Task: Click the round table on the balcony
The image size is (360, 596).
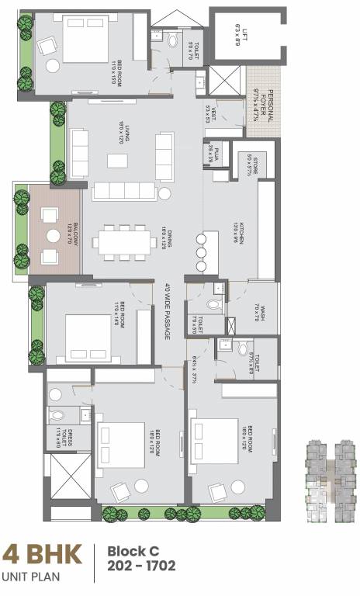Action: [53, 236]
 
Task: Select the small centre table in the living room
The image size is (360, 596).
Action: [117, 160]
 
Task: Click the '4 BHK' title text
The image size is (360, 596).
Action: [42, 556]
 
